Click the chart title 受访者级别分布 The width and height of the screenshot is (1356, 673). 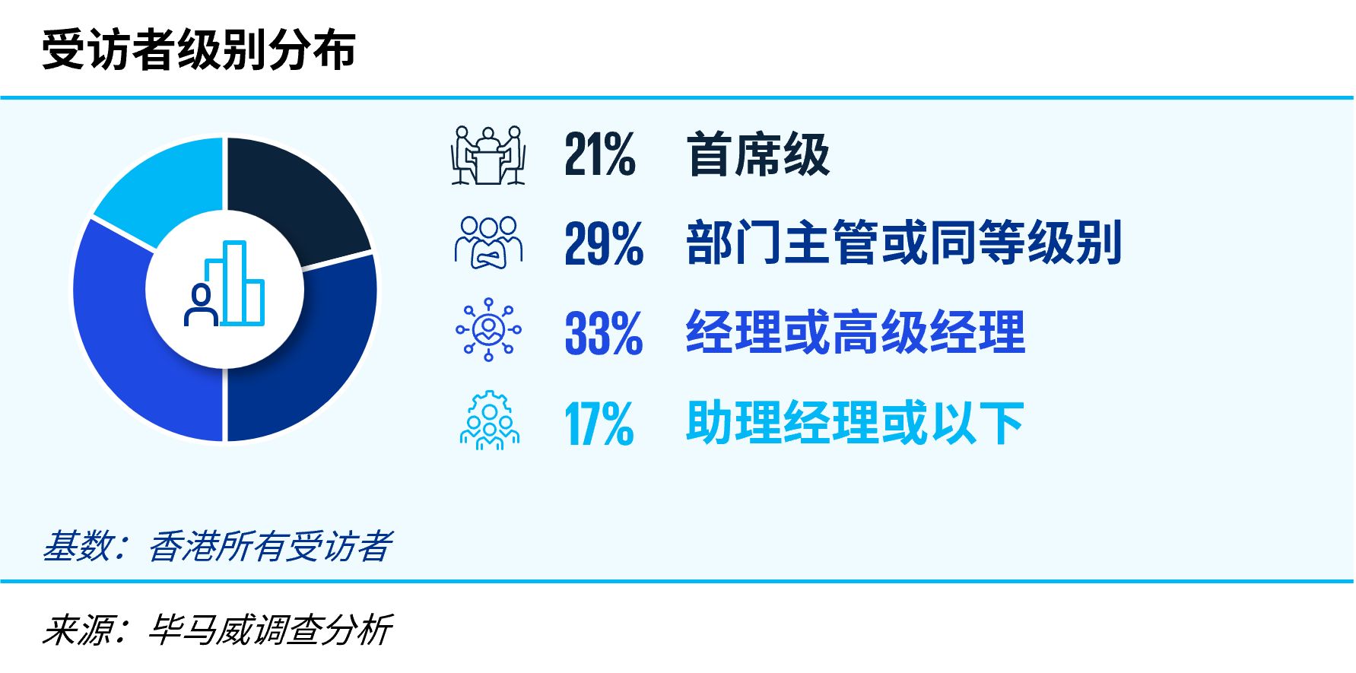(x=199, y=50)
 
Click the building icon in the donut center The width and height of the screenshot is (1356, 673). (x=236, y=283)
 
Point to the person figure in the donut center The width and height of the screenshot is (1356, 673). (x=202, y=305)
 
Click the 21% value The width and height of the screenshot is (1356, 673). (x=600, y=154)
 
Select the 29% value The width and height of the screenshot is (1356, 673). (x=604, y=243)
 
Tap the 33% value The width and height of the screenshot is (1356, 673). (x=604, y=333)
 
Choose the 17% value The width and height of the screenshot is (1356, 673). (x=599, y=424)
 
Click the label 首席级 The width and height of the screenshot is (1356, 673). (x=758, y=154)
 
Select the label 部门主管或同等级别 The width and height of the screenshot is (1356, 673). (x=904, y=243)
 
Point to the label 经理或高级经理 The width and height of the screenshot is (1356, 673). (x=856, y=333)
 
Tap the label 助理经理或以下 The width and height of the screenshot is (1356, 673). (x=856, y=424)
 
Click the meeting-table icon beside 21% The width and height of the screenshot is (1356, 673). (x=488, y=155)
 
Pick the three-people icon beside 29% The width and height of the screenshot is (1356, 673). (x=488, y=243)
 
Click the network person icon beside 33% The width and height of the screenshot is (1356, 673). (x=488, y=329)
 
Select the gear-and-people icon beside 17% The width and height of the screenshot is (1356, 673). (x=490, y=420)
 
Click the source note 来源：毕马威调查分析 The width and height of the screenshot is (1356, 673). (x=217, y=630)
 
